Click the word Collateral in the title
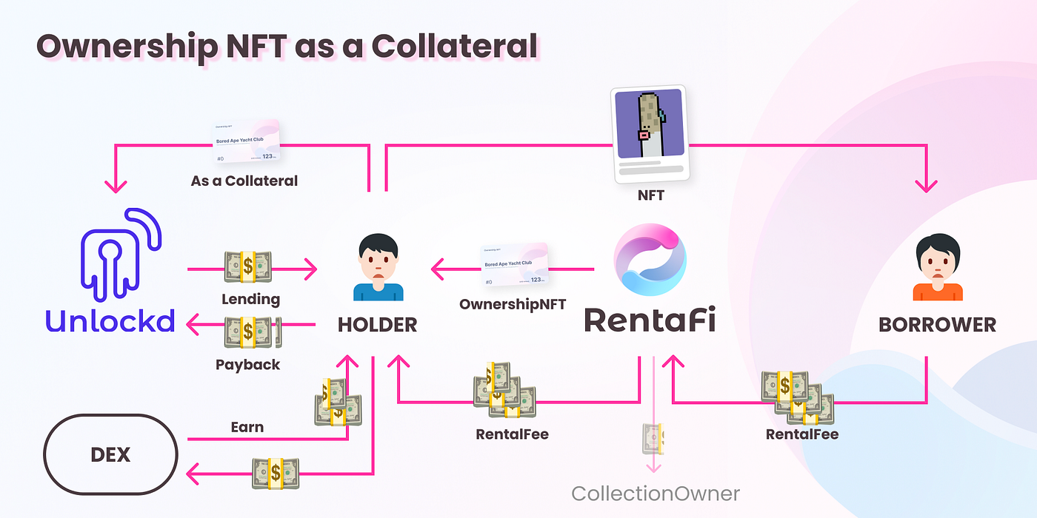pos(454,46)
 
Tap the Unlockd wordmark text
pos(110,320)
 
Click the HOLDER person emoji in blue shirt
pos(378,268)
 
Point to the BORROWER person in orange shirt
pos(937,268)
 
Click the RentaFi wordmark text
pos(650,320)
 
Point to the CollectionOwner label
pos(655,493)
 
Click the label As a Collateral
pos(244,181)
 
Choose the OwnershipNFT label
pos(513,304)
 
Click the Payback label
pos(248,365)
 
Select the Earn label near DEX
pos(247,427)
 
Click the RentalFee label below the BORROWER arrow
pos(802,434)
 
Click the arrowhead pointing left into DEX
pos(195,471)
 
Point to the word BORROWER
pos(937,324)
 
